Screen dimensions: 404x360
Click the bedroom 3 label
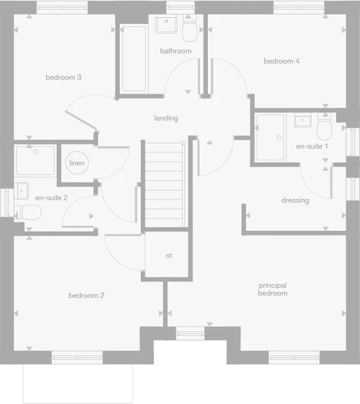click(x=63, y=77)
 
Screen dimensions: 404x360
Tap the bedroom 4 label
click(x=282, y=61)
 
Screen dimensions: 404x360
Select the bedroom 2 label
click(x=86, y=296)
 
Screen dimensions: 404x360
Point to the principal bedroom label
click(x=273, y=290)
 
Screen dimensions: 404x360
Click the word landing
click(x=166, y=118)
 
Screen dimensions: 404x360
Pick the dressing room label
click(x=295, y=200)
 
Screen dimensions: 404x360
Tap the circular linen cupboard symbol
click(x=77, y=163)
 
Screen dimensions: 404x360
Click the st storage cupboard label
click(x=169, y=256)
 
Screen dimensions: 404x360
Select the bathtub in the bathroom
click(x=134, y=58)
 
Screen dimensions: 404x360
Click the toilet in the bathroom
click(x=190, y=29)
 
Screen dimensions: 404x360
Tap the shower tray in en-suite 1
click(x=270, y=138)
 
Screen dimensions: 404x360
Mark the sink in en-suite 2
click(x=22, y=191)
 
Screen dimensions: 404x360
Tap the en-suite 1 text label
click(x=312, y=146)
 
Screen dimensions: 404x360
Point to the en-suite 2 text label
click(x=52, y=197)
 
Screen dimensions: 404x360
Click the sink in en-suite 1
click(x=303, y=120)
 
